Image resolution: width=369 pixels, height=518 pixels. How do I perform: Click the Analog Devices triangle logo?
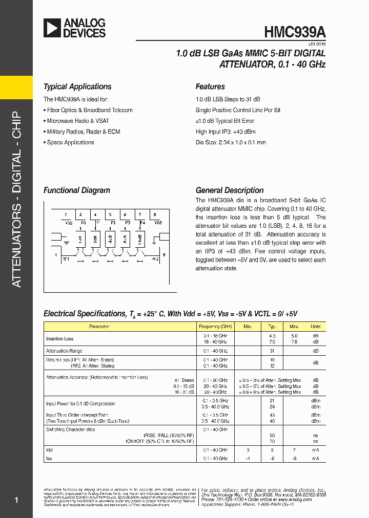pyautogui.click(x=52, y=28)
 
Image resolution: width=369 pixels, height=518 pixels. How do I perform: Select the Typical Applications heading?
pyautogui.click(x=77, y=87)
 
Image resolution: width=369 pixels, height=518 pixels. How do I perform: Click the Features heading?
pyautogui.click(x=210, y=87)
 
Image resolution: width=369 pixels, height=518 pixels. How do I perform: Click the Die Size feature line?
pyautogui.click(x=231, y=142)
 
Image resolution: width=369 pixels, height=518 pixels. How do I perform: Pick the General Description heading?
pyautogui.click(x=230, y=190)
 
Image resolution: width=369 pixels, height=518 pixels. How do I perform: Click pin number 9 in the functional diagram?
pyautogui.click(x=163, y=254)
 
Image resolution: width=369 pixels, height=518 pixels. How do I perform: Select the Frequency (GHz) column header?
pyautogui.click(x=215, y=326)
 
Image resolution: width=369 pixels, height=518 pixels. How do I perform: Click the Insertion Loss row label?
pyautogui.click(x=60, y=339)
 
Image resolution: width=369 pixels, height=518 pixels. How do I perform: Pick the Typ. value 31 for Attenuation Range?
pyautogui.click(x=272, y=351)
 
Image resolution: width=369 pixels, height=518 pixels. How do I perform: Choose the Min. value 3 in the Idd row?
pyautogui.click(x=248, y=450)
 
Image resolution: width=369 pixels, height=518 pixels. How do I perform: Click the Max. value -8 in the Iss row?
pyautogui.click(x=294, y=458)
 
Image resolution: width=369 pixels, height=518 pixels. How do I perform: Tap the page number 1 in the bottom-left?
pyautogui.click(x=17, y=500)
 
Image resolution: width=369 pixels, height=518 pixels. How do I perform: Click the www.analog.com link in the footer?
pyautogui.click(x=296, y=500)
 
